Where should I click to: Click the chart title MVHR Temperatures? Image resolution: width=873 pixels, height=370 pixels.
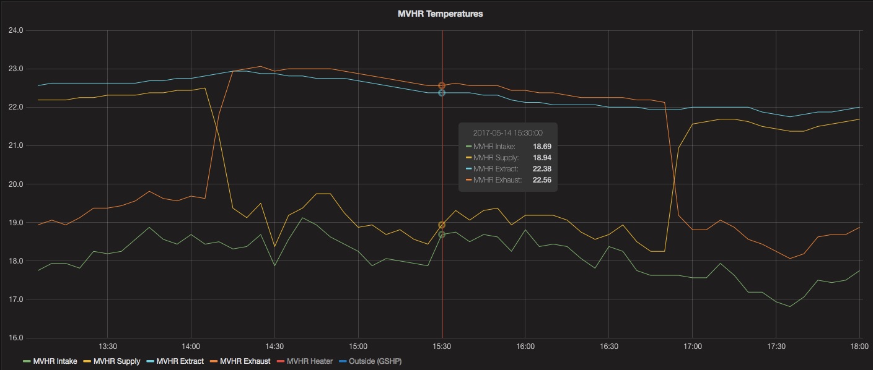point(440,14)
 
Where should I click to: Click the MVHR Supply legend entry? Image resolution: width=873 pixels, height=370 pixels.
point(116,361)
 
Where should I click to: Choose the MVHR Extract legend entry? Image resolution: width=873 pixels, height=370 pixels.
point(180,361)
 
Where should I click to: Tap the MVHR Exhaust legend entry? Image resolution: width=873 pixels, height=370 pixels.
point(245,361)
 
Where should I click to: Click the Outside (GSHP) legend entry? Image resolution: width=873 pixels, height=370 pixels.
point(375,361)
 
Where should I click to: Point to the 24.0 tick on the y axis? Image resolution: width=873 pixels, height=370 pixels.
point(15,30)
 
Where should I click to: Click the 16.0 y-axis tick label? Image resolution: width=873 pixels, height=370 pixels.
point(15,338)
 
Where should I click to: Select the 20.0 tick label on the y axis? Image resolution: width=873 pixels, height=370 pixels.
point(15,184)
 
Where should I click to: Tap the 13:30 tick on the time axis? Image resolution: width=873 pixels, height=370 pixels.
point(108,346)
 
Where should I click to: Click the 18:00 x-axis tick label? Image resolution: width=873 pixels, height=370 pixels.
point(859,346)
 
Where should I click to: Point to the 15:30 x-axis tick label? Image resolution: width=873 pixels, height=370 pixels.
point(442,346)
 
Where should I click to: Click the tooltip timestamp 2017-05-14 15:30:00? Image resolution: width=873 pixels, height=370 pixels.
point(507,133)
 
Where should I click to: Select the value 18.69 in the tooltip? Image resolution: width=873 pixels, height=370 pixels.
point(542,147)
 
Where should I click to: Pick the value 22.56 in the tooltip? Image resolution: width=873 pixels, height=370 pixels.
point(542,180)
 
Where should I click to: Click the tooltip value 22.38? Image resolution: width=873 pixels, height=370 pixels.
point(542,169)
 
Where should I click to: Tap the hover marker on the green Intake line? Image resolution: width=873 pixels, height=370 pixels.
point(442,234)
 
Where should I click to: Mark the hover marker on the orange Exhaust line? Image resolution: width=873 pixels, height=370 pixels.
point(442,85)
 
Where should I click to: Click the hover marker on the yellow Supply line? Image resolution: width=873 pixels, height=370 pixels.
point(442,225)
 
